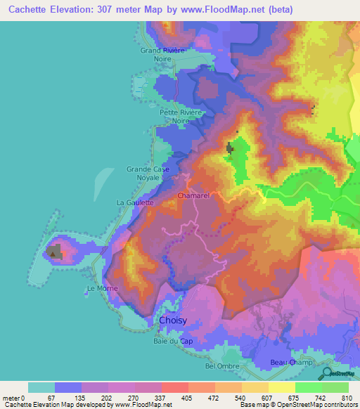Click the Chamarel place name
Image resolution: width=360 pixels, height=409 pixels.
195,196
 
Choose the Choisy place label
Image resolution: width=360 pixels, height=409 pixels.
174,320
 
